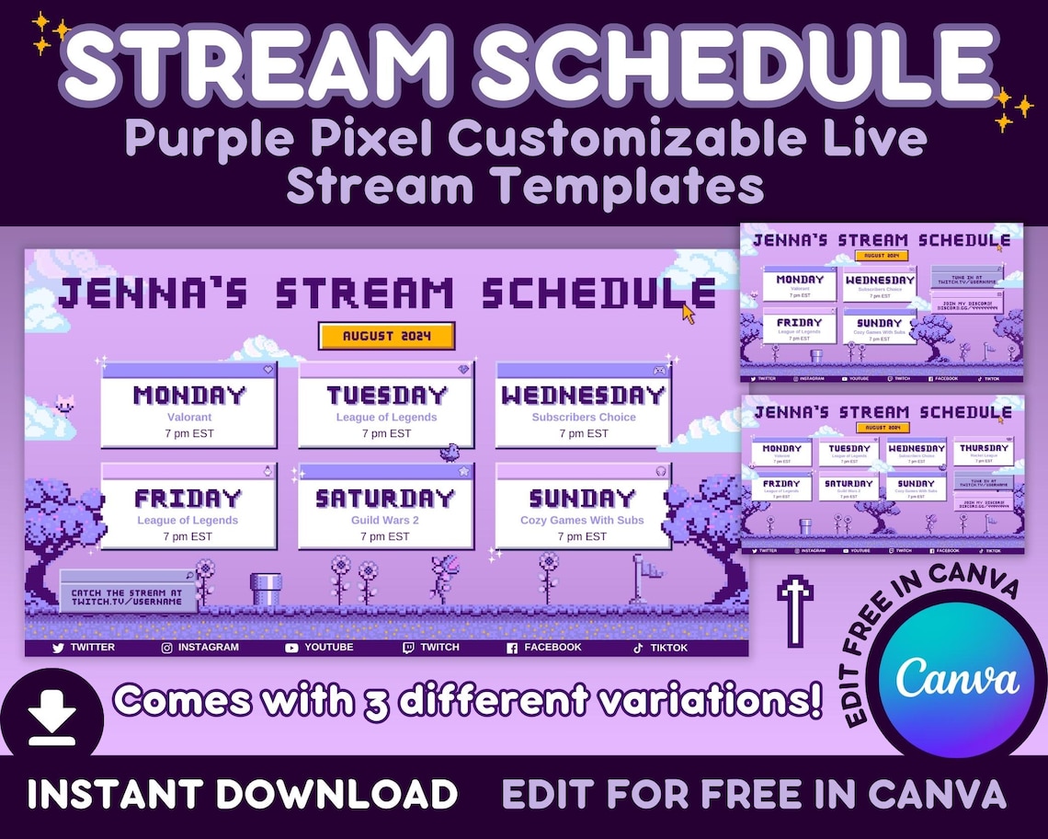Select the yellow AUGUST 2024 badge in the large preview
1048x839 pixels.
pyautogui.click(x=387, y=336)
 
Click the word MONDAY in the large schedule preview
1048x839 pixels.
pyautogui.click(x=189, y=396)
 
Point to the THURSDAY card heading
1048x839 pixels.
pyautogui.click(x=984, y=448)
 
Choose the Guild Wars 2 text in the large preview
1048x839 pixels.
pyautogui.click(x=386, y=520)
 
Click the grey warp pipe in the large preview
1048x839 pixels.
pyautogui.click(x=266, y=588)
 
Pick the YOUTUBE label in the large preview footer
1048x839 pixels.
pyautogui.click(x=328, y=648)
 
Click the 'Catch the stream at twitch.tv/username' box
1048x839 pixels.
pyautogui.click(x=128, y=592)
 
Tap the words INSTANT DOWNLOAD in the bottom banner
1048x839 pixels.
pyautogui.click(x=242, y=794)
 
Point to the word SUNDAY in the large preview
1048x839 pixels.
pyautogui.click(x=583, y=499)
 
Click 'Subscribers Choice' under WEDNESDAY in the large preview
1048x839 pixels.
pyautogui.click(x=583, y=417)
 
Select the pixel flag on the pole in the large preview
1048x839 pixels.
pyautogui.click(x=652, y=569)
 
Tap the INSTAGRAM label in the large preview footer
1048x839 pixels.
pyautogui.click(x=208, y=648)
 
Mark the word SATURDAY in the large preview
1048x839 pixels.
pyautogui.click(x=386, y=499)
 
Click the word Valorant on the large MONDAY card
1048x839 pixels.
pyautogui.click(x=189, y=417)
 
